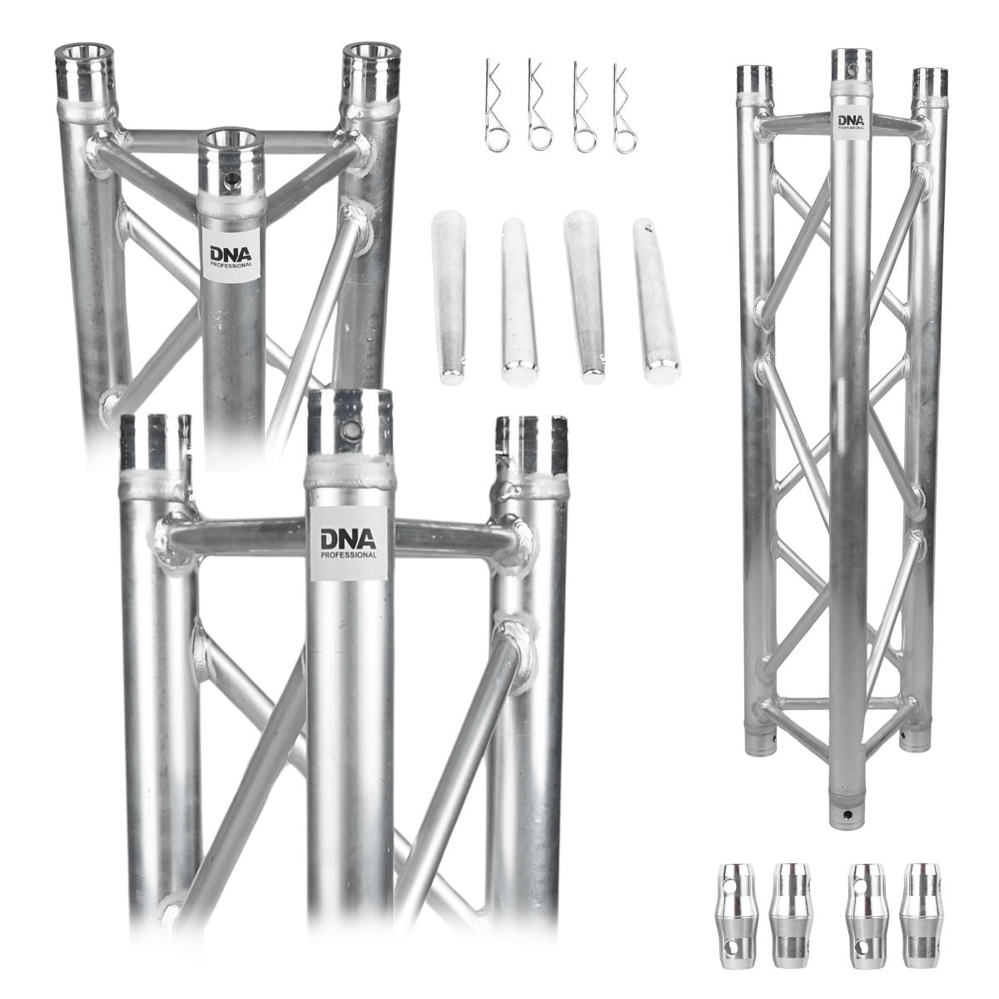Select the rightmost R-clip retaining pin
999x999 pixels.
coord(625,108)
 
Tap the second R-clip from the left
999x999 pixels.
coord(540,108)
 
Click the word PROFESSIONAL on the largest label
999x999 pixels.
coord(348,553)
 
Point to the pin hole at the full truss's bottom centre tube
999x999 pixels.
coord(852,811)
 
